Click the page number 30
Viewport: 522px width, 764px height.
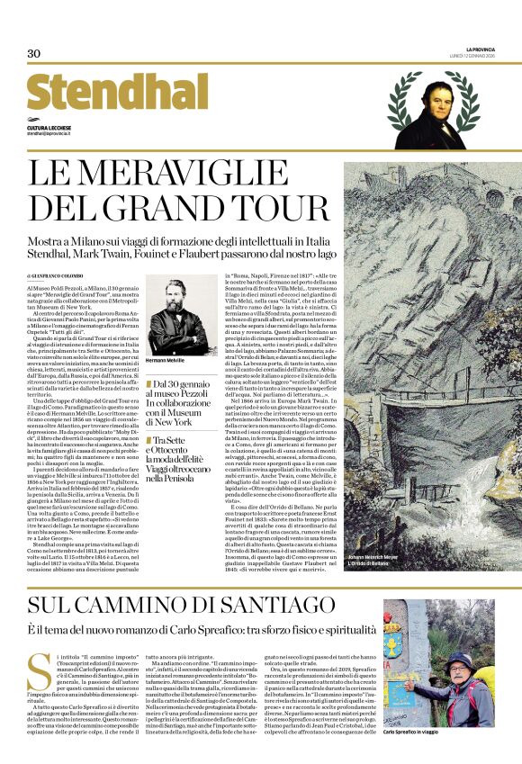click(34, 54)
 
